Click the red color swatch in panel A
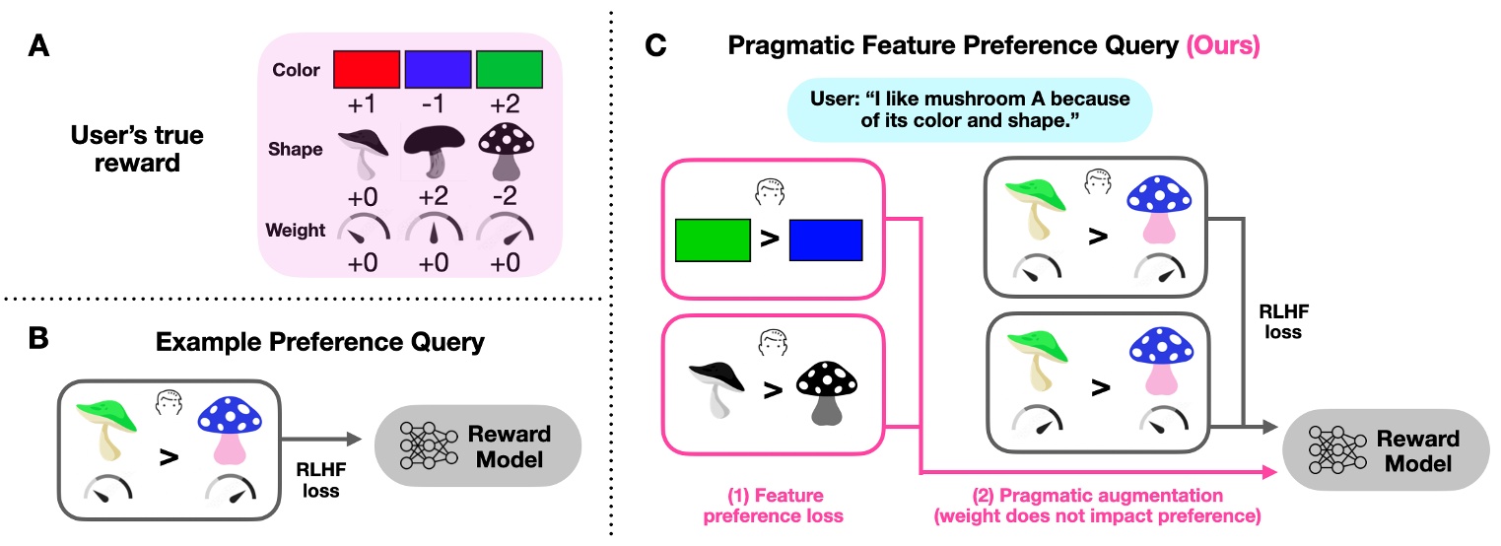(367, 71)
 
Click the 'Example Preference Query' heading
(321, 343)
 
